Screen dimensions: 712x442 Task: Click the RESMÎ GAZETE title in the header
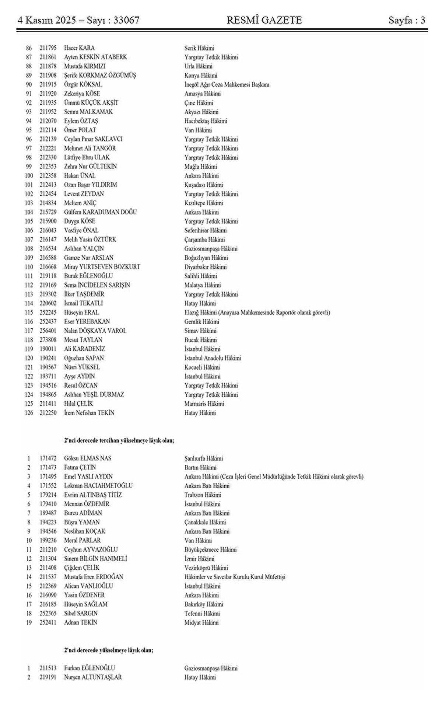click(264, 20)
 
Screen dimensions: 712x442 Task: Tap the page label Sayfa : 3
click(407, 20)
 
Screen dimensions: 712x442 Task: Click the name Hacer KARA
click(79, 48)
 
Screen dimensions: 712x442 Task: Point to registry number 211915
click(48, 84)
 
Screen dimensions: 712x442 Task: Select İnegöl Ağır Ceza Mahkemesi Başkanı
click(227, 84)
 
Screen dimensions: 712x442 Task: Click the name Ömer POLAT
click(80, 130)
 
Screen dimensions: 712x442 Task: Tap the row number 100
click(29, 176)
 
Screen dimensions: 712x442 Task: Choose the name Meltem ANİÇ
click(80, 203)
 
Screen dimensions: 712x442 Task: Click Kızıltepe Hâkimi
click(204, 203)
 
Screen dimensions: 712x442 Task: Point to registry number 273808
click(48, 340)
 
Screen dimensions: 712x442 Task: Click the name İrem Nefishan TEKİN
click(89, 413)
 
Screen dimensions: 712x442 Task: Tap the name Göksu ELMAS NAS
click(88, 458)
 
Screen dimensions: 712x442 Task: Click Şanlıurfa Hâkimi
click(204, 458)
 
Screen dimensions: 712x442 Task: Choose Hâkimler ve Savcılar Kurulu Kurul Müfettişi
click(235, 577)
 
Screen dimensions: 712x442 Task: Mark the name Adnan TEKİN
click(81, 622)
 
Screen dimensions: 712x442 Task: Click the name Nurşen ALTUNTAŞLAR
click(93, 677)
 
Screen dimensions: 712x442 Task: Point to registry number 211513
click(48, 668)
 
